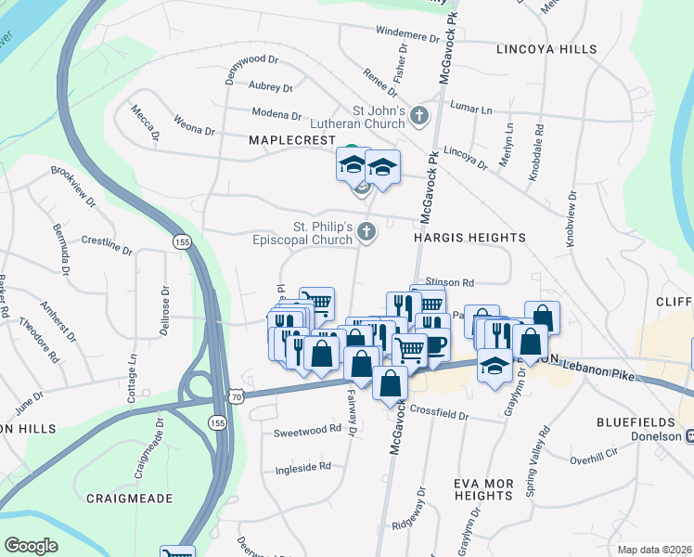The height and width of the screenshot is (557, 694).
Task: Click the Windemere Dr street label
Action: [x=407, y=34]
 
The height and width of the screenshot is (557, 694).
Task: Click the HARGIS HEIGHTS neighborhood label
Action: [x=469, y=238]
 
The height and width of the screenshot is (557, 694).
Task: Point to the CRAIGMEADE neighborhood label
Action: [x=130, y=499]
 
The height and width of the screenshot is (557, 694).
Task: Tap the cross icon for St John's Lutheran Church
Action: [x=419, y=117]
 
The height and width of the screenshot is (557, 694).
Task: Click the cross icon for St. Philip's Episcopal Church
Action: [x=366, y=233]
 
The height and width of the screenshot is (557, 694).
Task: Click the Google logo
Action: [x=31, y=546]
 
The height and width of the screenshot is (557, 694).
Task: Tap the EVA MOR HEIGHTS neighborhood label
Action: [x=483, y=489]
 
